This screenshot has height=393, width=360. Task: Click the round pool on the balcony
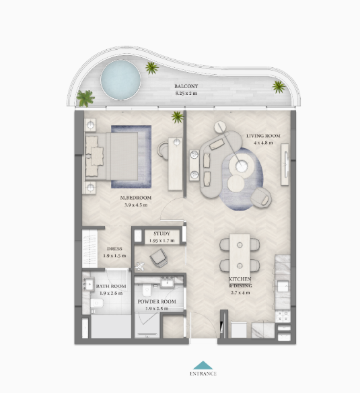click(120, 79)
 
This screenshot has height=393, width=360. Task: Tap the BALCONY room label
click(186, 86)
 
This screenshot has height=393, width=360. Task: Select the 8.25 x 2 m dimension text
click(186, 94)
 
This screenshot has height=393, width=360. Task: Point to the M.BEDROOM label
click(136, 198)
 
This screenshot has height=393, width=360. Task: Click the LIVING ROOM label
click(263, 136)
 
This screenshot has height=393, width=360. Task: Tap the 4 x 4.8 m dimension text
click(263, 143)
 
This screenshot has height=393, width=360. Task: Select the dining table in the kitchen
click(240, 254)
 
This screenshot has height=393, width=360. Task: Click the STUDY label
click(161, 234)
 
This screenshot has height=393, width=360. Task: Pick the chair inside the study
click(159, 258)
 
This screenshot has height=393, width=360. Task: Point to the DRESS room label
click(114, 249)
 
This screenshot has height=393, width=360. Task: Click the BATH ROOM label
click(111, 286)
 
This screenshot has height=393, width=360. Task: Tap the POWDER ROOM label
click(157, 301)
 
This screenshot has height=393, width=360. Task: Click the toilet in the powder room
click(147, 290)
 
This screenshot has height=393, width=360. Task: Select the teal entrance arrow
click(203, 365)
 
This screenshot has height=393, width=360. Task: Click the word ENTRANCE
click(203, 373)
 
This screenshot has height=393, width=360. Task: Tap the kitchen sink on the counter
click(283, 286)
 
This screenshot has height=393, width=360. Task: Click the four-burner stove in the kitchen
click(283, 316)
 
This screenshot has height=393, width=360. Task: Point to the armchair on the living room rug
click(261, 197)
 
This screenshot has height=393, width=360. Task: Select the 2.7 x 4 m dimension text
click(240, 293)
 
